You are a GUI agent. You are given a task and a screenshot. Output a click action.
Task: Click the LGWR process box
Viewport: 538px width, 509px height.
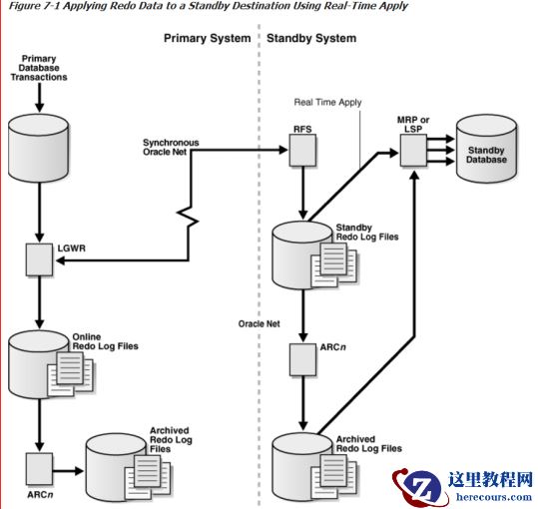tap(39, 262)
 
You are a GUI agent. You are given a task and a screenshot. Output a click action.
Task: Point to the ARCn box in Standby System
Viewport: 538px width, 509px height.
tap(299, 355)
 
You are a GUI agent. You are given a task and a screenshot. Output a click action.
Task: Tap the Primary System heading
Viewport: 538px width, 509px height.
tap(207, 39)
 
